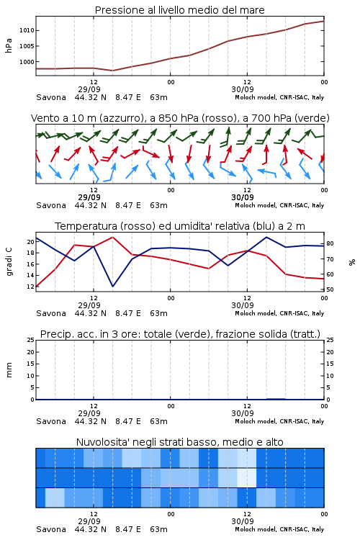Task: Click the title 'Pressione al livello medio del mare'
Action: (x=179, y=10)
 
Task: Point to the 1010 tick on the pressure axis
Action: (x=27, y=30)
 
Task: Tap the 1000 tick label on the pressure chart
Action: (x=27, y=62)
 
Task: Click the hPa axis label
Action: (x=9, y=45)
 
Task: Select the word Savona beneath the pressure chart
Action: (x=51, y=97)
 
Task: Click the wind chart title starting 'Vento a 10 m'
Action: (x=180, y=118)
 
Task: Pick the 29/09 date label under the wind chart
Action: (x=89, y=198)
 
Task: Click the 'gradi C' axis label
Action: (x=9, y=261)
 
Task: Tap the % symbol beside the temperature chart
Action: (x=352, y=262)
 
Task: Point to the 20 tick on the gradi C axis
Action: (x=31, y=242)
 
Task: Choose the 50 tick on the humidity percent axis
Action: (x=330, y=289)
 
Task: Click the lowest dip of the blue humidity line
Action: (x=112, y=286)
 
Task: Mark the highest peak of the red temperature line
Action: (x=112, y=237)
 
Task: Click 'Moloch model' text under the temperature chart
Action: (x=256, y=313)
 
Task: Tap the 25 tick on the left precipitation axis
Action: (x=31, y=340)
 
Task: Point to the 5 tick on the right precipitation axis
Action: (x=328, y=388)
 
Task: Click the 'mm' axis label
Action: (x=9, y=369)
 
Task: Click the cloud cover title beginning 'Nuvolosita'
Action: (x=179, y=442)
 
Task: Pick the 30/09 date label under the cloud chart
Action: (x=243, y=522)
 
